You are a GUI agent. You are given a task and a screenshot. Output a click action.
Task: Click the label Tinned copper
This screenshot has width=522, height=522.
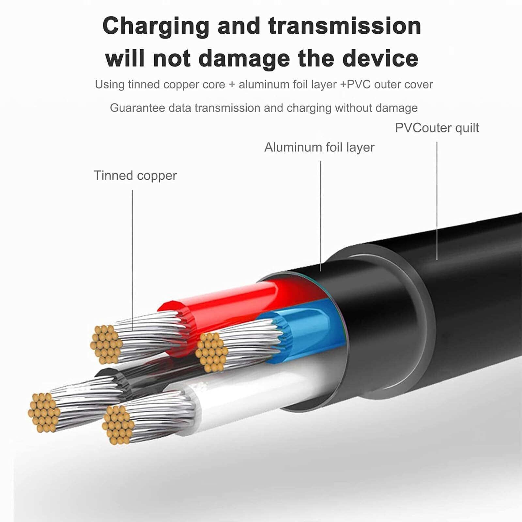(x=135, y=176)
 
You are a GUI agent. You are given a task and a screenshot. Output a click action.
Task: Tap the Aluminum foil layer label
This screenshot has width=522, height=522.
(x=319, y=147)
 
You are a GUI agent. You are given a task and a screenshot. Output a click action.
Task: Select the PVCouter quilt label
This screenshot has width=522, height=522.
(x=437, y=128)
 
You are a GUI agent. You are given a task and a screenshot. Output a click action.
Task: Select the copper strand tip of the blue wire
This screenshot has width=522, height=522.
(x=211, y=352)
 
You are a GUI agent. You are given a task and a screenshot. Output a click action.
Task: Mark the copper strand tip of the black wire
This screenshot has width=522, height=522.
(x=44, y=412)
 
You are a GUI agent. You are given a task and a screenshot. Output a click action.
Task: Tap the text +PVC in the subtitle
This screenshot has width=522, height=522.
(x=356, y=84)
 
